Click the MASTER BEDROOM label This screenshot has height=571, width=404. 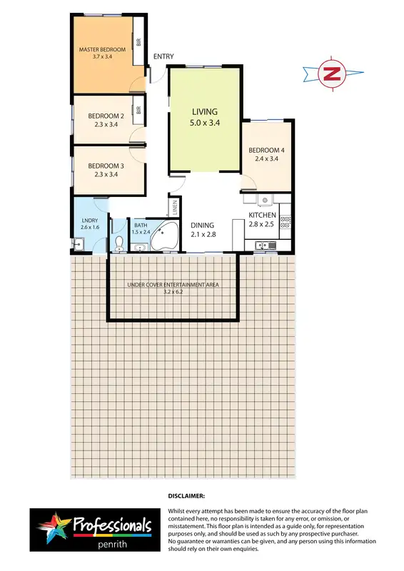pyautogui.click(x=102, y=49)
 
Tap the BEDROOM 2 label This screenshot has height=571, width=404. pyautogui.click(x=106, y=116)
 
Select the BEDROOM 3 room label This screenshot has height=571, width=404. pyautogui.click(x=106, y=165)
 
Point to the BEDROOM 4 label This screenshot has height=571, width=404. pyautogui.click(x=266, y=150)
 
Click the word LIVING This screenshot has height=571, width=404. pyautogui.click(x=204, y=112)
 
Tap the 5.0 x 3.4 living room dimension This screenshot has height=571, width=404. pyautogui.click(x=204, y=123)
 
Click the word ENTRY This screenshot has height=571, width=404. pyautogui.click(x=163, y=56)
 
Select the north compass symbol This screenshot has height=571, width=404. pyautogui.click(x=331, y=73)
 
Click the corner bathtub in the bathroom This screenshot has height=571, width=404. pyautogui.click(x=166, y=236)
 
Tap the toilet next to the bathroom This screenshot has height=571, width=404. pyautogui.click(x=118, y=244)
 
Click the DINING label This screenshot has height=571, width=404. pyautogui.click(x=202, y=225)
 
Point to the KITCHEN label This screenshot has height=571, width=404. pyautogui.click(x=262, y=215)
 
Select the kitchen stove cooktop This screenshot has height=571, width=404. pyautogui.click(x=285, y=221)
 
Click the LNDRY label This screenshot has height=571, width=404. pyautogui.click(x=89, y=221)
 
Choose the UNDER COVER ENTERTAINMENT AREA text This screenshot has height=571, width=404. pyautogui.click(x=172, y=285)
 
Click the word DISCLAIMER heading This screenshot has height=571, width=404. pyautogui.click(x=186, y=495)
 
